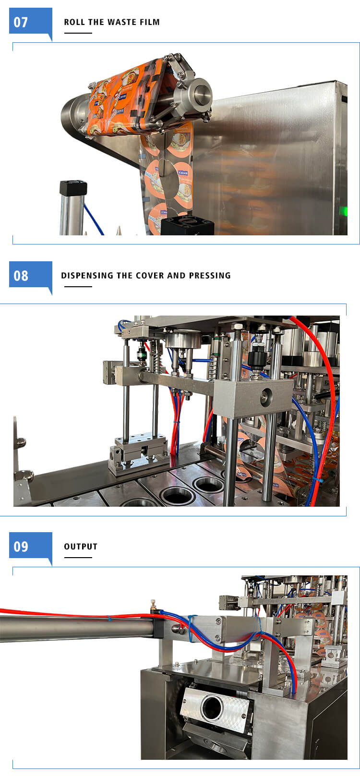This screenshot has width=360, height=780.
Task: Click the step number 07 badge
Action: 31,22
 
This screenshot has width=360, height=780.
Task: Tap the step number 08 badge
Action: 31,275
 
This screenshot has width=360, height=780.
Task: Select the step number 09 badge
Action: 31,546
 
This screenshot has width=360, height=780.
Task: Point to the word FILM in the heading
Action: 150,22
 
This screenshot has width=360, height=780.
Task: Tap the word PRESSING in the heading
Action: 210,275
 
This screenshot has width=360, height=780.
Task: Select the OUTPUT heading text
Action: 81,547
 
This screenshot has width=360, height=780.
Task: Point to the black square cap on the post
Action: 73,188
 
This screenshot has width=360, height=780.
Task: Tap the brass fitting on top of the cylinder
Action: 153,606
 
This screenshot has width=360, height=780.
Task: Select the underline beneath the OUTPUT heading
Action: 78,558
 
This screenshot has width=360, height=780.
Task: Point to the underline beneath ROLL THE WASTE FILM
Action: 78,33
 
